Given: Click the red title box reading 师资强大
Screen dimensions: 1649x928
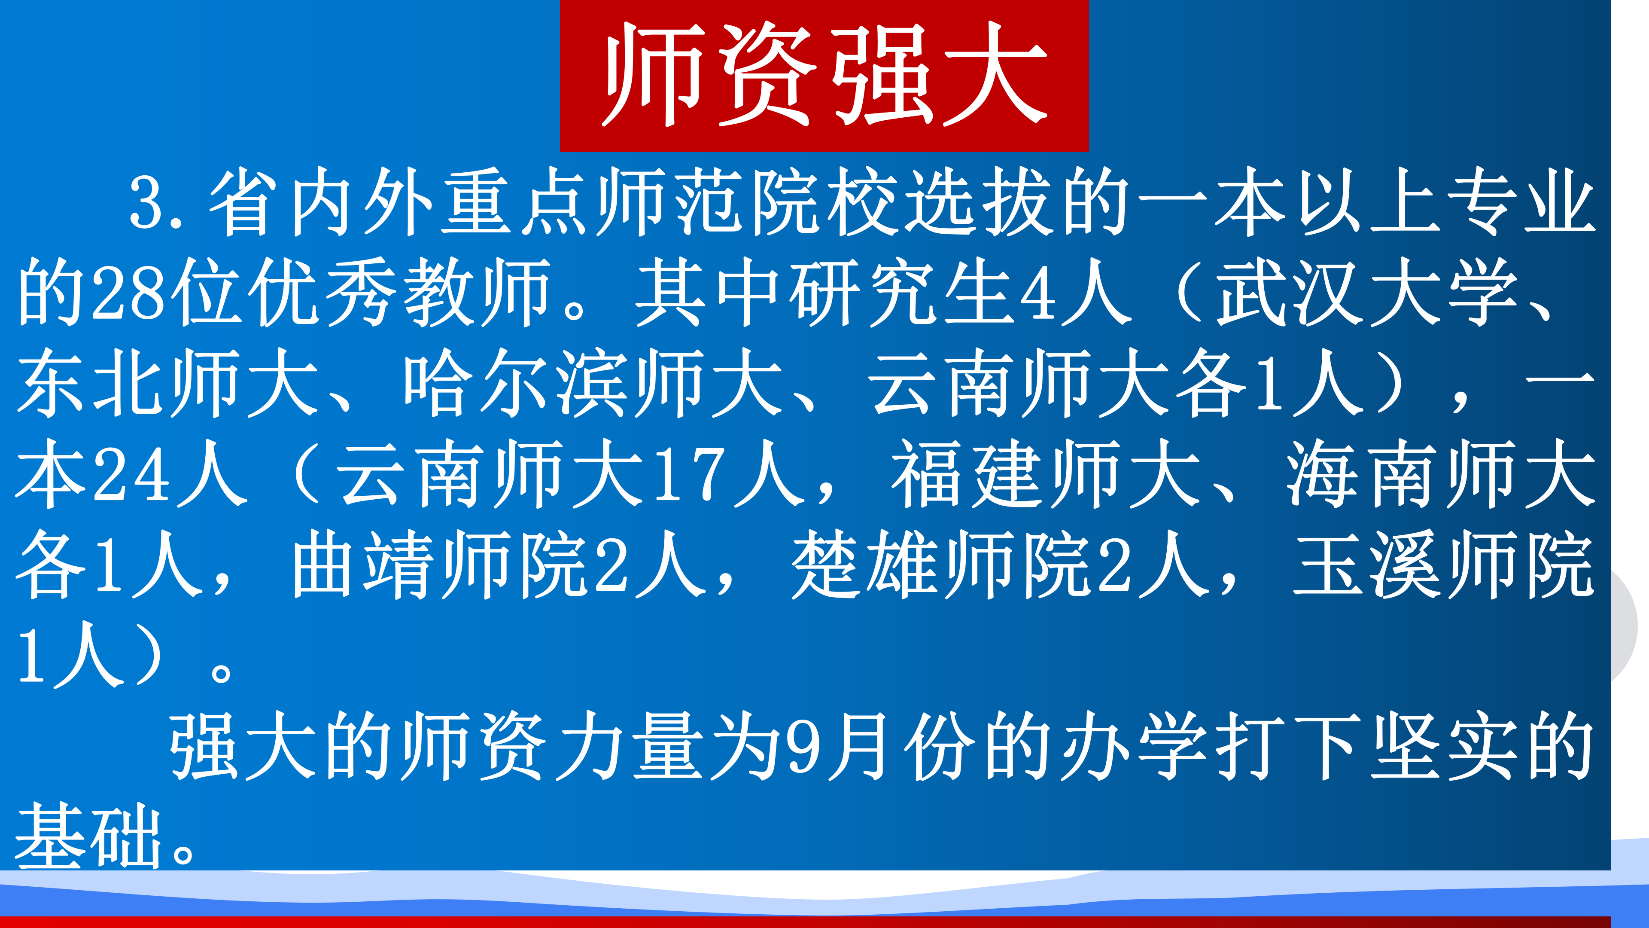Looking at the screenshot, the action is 824,76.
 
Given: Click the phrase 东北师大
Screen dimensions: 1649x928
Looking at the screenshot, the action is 168,383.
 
